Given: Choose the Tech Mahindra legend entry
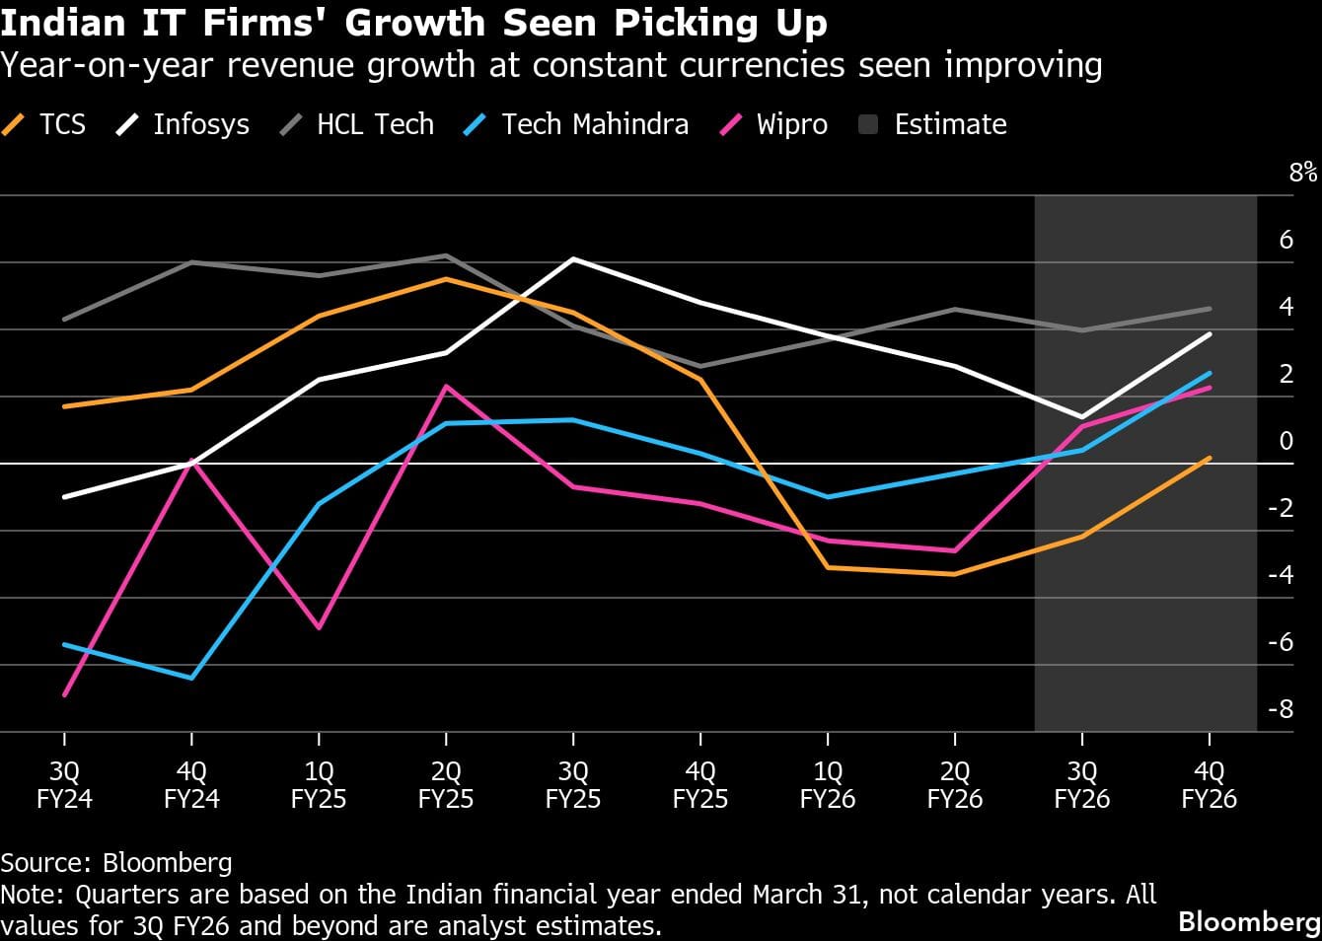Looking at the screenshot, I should coord(576,125).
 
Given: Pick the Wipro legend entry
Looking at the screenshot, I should coord(774,125).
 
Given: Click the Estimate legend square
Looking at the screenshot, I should coord(869,125).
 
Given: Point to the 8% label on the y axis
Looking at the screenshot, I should coord(1302,173).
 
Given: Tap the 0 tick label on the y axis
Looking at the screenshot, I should coord(1285,441).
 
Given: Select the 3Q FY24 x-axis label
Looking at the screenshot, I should coord(64,785).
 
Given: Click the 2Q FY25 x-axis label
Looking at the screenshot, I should coord(446,785).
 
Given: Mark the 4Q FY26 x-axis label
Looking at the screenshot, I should coord(1210,785).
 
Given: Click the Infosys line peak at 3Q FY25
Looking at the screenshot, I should coord(573,258).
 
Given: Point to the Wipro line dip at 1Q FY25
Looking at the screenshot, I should coord(319,627).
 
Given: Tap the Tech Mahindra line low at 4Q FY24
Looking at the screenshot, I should coord(191,678).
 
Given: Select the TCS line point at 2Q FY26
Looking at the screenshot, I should coord(955,573).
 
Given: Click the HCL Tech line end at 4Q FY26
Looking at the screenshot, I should coord(1210,309).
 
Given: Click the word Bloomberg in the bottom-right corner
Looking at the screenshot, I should coord(1249,921).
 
